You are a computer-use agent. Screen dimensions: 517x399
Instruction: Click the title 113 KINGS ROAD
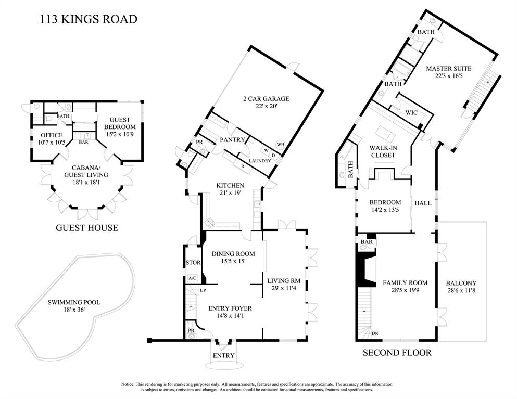pos(89,19)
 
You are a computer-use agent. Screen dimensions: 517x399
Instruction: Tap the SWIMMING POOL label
pos(74,302)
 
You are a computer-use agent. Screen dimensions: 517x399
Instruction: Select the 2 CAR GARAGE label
pos(266,98)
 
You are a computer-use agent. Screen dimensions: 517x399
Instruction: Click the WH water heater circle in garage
pos(280,144)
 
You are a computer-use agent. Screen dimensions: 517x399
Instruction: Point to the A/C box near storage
pos(193,278)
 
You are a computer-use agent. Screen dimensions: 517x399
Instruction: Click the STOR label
pos(193,263)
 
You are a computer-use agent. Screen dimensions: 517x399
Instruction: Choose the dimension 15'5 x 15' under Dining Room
pos(233,261)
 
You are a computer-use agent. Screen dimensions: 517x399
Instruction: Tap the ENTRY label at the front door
pos(223,355)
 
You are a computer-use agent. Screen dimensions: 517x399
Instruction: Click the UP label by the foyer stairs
pos(203,291)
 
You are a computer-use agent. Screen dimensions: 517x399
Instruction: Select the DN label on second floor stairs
pos(375,333)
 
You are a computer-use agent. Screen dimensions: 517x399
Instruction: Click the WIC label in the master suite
pos(411,113)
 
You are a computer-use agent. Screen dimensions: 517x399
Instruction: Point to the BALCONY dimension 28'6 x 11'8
pos(461,291)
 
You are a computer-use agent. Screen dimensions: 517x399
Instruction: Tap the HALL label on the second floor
pos(423,203)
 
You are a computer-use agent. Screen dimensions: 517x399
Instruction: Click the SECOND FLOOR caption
pos(397,353)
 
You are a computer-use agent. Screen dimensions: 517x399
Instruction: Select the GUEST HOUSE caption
pos(87,228)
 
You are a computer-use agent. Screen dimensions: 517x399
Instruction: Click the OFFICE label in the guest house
pos(52,135)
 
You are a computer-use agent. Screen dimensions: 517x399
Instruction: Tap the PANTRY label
pos(232,140)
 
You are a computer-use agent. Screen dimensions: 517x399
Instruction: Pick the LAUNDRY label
pos(260,161)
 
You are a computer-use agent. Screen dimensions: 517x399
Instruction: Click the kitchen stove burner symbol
pos(209,223)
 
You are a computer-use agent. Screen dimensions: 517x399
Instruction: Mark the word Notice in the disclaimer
pos(128,384)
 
